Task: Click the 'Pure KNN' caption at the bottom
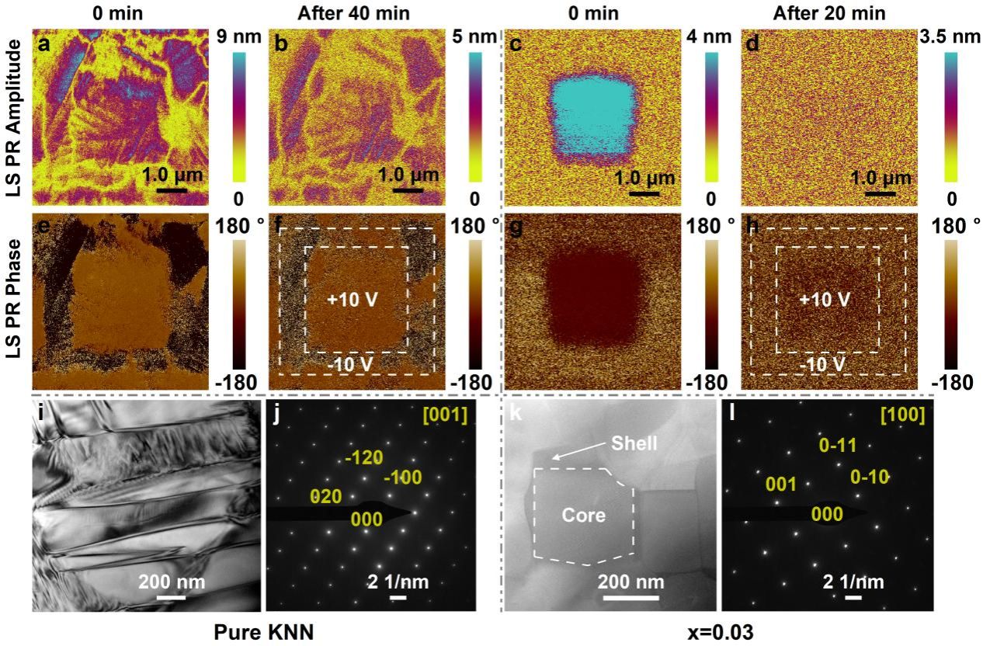(263, 632)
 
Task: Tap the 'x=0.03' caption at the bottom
(720, 632)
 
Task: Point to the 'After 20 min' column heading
(825, 13)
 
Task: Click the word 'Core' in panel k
(583, 514)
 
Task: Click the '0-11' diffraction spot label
(839, 445)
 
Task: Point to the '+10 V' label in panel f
(353, 300)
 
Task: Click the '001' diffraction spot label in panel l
(781, 484)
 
